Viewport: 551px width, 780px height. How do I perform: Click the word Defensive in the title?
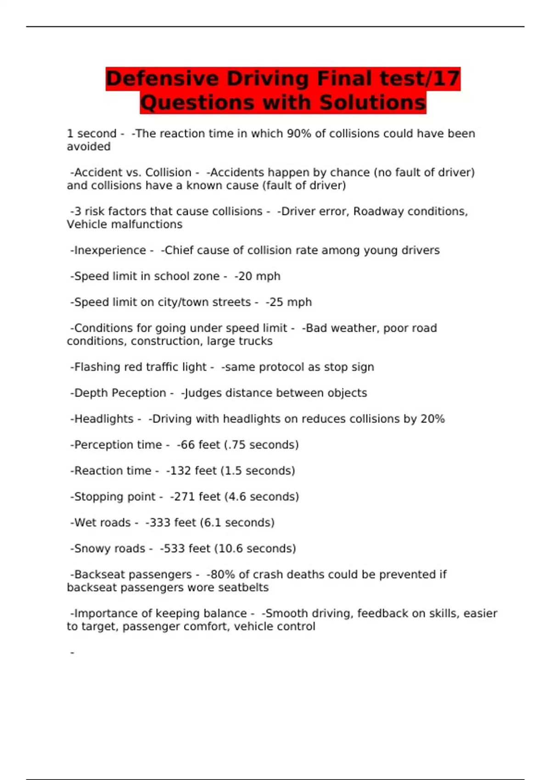pos(162,78)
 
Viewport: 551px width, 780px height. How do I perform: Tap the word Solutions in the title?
pos(372,102)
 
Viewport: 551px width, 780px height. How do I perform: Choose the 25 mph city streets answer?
pos(290,302)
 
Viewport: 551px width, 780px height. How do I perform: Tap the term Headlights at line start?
pos(104,419)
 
